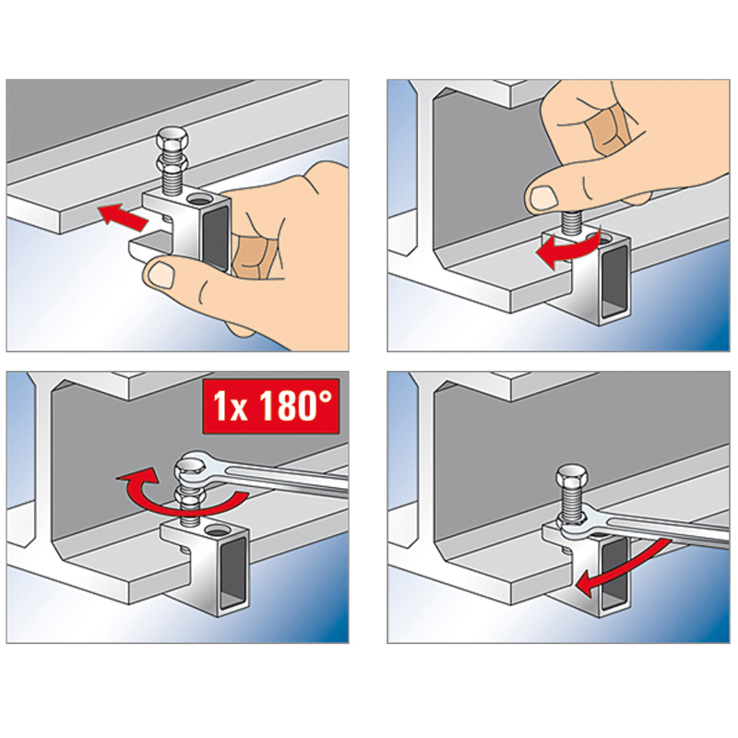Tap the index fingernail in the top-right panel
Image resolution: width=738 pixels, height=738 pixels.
pos(542,198)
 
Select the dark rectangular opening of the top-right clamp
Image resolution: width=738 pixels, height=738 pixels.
pos(614,282)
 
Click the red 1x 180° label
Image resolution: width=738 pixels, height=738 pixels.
pos(270,406)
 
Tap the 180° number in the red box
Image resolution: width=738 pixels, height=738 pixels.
pos(294,406)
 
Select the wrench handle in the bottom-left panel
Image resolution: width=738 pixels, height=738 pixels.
pos(282,474)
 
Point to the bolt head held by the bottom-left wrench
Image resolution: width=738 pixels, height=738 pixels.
pos(190,469)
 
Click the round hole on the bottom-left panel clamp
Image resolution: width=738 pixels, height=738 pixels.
pos(217,531)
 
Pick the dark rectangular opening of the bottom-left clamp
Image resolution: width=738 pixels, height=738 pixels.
pos(232,573)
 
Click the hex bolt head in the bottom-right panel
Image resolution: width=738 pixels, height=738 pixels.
pos(571,476)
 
